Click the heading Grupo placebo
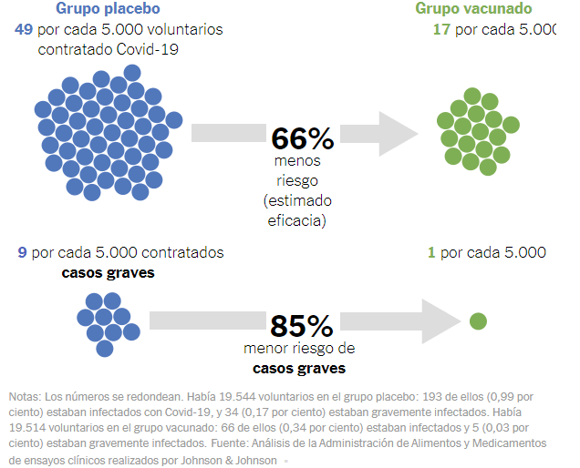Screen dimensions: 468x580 (108, 9)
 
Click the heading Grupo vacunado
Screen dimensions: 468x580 (474, 9)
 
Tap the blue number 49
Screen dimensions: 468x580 (25, 29)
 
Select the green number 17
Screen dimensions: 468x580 (440, 29)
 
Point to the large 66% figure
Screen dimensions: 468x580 (303, 138)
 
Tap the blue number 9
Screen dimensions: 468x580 (23, 252)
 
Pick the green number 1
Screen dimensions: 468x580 (431, 252)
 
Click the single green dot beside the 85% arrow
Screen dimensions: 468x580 (477, 320)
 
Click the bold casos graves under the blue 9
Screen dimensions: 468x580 (108, 272)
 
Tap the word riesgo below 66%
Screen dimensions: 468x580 (296, 179)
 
